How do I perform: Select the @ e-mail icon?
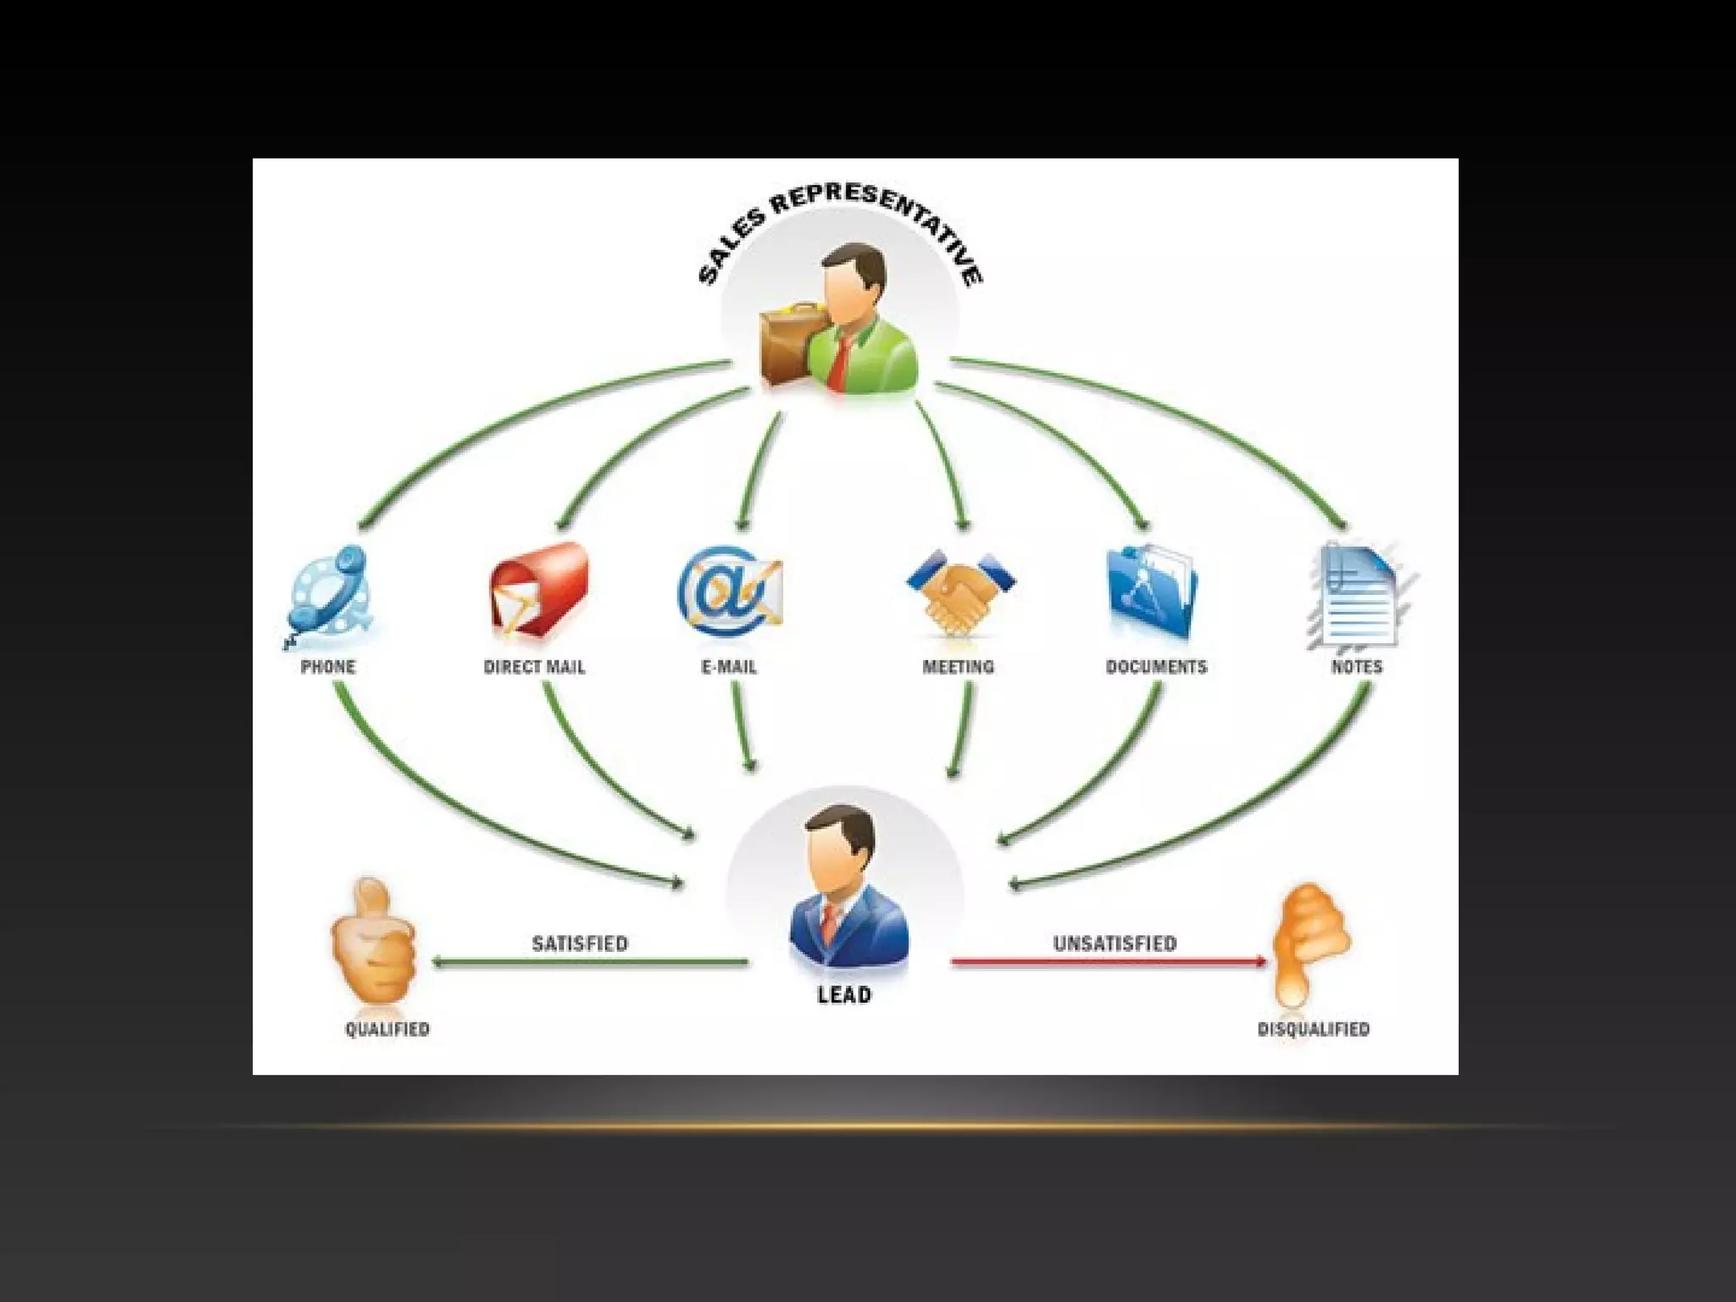729,590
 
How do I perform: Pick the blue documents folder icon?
1152,591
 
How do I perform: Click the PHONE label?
328,667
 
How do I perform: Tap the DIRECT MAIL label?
534,667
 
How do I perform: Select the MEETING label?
958,667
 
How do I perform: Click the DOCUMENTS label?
1156,667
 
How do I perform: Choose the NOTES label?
1356,667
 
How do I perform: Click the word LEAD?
843,995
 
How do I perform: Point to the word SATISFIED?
580,943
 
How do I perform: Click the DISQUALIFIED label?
1313,1029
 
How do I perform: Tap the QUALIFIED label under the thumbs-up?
387,1029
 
